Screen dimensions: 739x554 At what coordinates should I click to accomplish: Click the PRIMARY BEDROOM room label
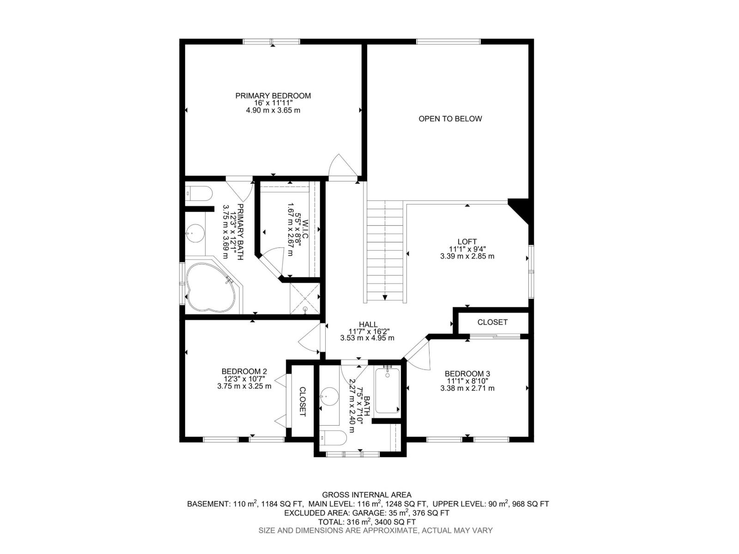[273, 96]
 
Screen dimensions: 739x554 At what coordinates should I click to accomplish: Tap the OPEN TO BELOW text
[450, 119]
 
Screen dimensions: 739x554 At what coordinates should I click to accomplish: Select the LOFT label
[467, 241]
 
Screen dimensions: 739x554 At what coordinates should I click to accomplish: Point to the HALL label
[368, 324]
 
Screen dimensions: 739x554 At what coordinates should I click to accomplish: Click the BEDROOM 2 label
[244, 371]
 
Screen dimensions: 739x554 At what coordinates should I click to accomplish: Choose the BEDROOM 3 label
[467, 373]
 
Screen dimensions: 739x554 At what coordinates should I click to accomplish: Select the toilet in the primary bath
[199, 194]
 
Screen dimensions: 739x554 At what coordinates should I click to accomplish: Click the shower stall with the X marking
[305, 298]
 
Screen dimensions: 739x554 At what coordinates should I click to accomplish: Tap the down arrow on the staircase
[385, 297]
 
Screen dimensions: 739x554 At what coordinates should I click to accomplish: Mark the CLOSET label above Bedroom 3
[492, 322]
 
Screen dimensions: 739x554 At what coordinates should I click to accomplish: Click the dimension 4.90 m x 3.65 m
[273, 110]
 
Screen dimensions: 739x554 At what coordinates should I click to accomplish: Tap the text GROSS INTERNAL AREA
[367, 495]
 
